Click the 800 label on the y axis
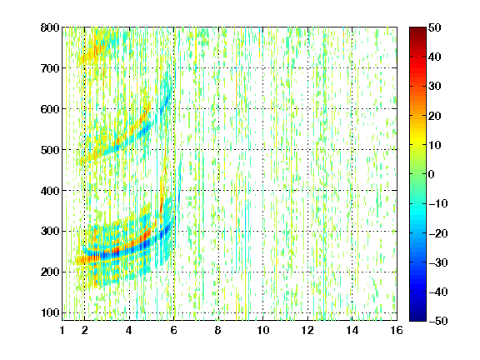[x=50, y=27]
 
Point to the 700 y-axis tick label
[x=50, y=68]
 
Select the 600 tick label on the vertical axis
[x=50, y=109]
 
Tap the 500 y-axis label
[x=50, y=150]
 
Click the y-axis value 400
[x=50, y=191]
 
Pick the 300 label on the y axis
[x=50, y=232]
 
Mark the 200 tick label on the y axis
[x=50, y=272]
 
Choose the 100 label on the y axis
[x=50, y=312]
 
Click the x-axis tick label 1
[x=62, y=330]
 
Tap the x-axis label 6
[x=174, y=330]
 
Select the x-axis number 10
[x=263, y=330]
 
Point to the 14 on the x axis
[x=352, y=330]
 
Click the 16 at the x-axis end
[x=397, y=330]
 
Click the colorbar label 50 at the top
[x=434, y=27]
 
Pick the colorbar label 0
[x=432, y=174]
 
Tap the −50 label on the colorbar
[x=438, y=321]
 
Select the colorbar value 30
[x=434, y=87]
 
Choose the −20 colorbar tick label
[x=438, y=233]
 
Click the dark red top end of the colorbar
[x=417, y=29]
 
